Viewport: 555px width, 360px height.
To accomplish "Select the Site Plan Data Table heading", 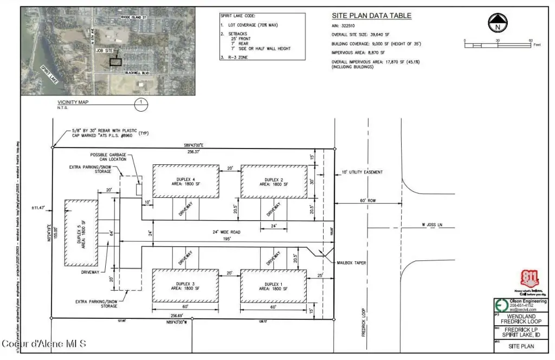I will click(371, 16).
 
